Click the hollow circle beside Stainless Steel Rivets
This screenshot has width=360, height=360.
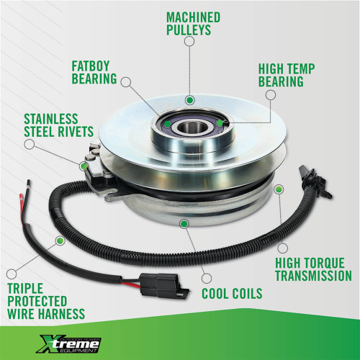coord(30,143)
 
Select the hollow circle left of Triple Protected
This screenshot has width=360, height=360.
coord(10,274)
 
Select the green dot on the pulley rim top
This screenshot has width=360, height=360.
coord(189,99)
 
